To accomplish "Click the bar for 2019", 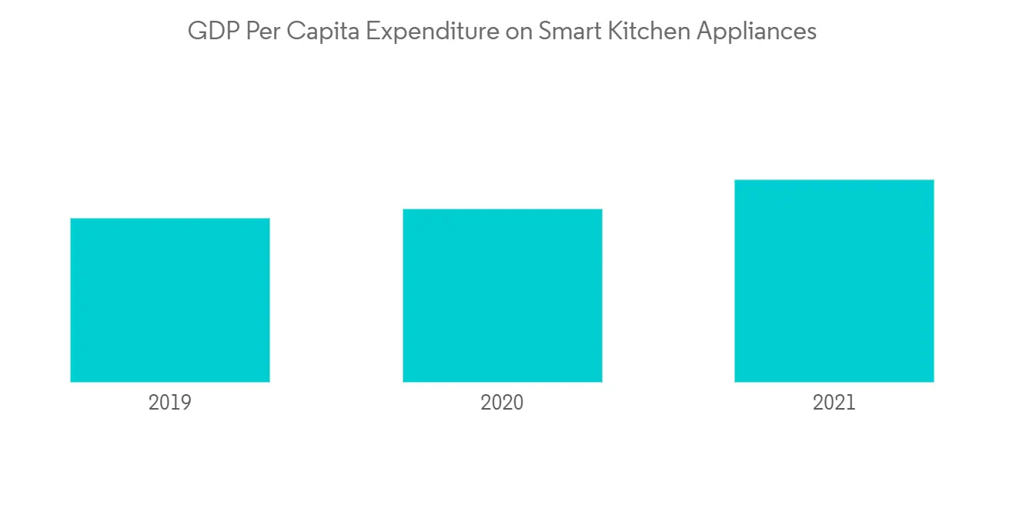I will point(170,300).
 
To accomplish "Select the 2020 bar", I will point(502,296).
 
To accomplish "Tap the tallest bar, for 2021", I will point(834,281).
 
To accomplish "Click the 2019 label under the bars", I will point(170,403).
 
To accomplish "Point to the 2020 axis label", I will point(502,403).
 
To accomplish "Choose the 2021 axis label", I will point(834,403).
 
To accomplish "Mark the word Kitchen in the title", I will point(645,32).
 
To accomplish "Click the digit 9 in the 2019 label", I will point(185,403).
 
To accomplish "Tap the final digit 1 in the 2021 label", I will point(851,403).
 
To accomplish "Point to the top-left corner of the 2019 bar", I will point(71,219).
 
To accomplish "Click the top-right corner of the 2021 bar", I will point(934,180).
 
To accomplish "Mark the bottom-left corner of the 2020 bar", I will point(403,381).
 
